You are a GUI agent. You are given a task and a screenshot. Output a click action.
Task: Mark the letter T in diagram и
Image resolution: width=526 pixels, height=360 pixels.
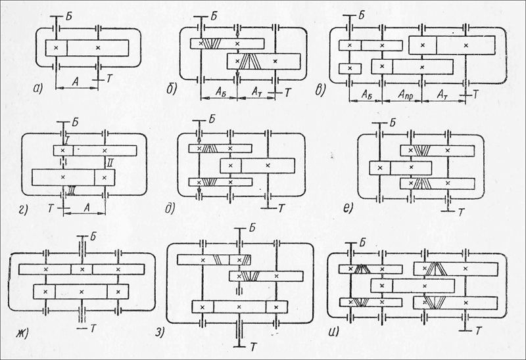pyautogui.click(x=478, y=328)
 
